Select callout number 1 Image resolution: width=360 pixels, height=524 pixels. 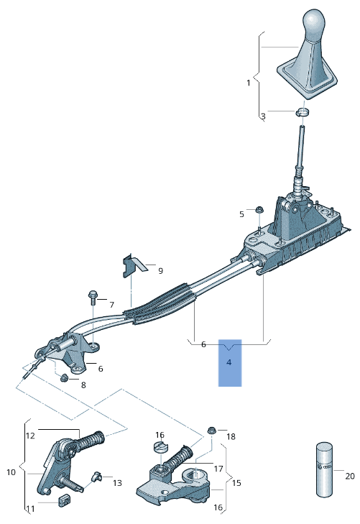pos(249,83)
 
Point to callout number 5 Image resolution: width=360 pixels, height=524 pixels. pos(242,213)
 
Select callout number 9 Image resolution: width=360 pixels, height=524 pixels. pos(160,271)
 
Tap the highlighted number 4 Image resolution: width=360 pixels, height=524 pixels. pos(229,363)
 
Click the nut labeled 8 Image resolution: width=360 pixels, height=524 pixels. pos(65,377)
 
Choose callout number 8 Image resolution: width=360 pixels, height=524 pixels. pos(83,385)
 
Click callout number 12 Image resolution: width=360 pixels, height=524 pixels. pos(30,436)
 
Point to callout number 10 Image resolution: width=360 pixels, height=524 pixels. pos(11,472)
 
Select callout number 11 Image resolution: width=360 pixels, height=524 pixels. pos(30,509)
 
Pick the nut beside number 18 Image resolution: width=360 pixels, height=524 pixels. pos(212,431)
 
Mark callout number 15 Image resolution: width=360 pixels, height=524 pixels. pos(236,483)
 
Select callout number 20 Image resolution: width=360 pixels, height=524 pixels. pos(350,476)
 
